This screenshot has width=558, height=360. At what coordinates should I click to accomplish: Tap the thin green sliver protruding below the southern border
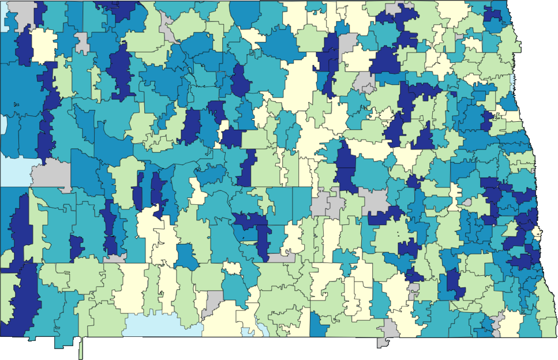(81, 348)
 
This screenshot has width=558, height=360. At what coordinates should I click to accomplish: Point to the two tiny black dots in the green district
(398, 234)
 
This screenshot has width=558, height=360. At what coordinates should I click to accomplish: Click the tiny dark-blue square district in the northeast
(487, 122)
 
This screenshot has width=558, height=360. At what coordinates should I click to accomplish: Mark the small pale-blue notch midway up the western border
(3, 123)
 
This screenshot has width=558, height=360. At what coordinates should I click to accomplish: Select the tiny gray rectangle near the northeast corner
(459, 37)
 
